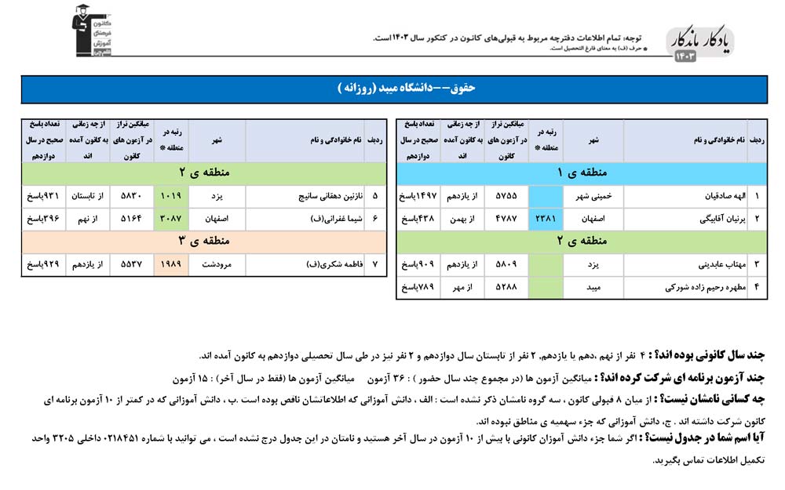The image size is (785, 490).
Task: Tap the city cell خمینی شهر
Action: point(593,197)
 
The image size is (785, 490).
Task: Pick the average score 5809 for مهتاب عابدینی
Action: point(507,265)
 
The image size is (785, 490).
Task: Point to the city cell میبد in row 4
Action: point(593,288)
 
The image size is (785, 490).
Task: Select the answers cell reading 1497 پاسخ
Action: point(418,197)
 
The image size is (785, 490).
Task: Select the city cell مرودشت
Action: point(217,265)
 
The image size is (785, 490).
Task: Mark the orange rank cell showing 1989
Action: point(170,265)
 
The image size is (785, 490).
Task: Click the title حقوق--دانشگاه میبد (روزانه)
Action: point(392,89)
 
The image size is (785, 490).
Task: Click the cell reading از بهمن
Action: point(464,220)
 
